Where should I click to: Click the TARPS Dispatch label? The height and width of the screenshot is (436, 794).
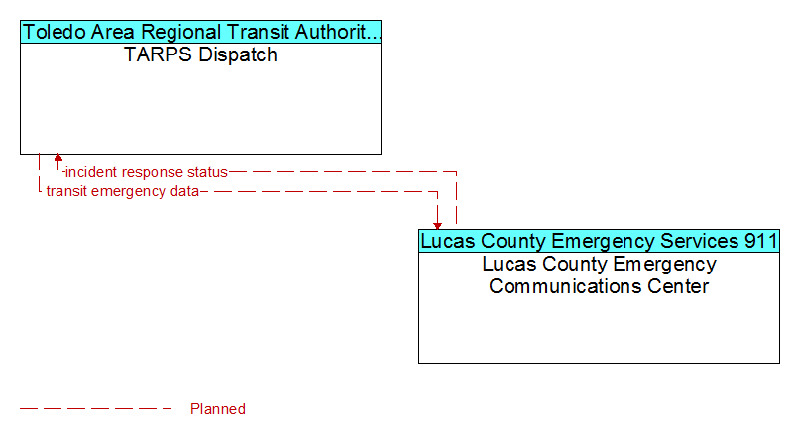200,54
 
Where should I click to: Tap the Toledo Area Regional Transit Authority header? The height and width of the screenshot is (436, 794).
200,32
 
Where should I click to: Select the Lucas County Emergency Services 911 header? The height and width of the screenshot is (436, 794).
599,241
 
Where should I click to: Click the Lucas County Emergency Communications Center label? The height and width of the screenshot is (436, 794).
599,274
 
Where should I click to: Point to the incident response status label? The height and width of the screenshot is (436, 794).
147,172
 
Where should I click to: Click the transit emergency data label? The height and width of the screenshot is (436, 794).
123,191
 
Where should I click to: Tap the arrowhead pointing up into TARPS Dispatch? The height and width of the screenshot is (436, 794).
58,157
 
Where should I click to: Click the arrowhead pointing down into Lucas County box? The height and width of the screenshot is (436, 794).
437,226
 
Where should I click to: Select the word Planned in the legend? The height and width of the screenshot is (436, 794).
218,409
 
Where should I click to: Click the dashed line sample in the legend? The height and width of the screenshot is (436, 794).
96,408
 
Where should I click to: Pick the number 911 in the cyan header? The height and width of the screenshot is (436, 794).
761,241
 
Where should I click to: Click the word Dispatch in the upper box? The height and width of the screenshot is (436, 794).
238,55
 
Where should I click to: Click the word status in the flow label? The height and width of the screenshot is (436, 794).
207,172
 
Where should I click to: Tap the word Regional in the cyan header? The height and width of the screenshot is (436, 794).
180,33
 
